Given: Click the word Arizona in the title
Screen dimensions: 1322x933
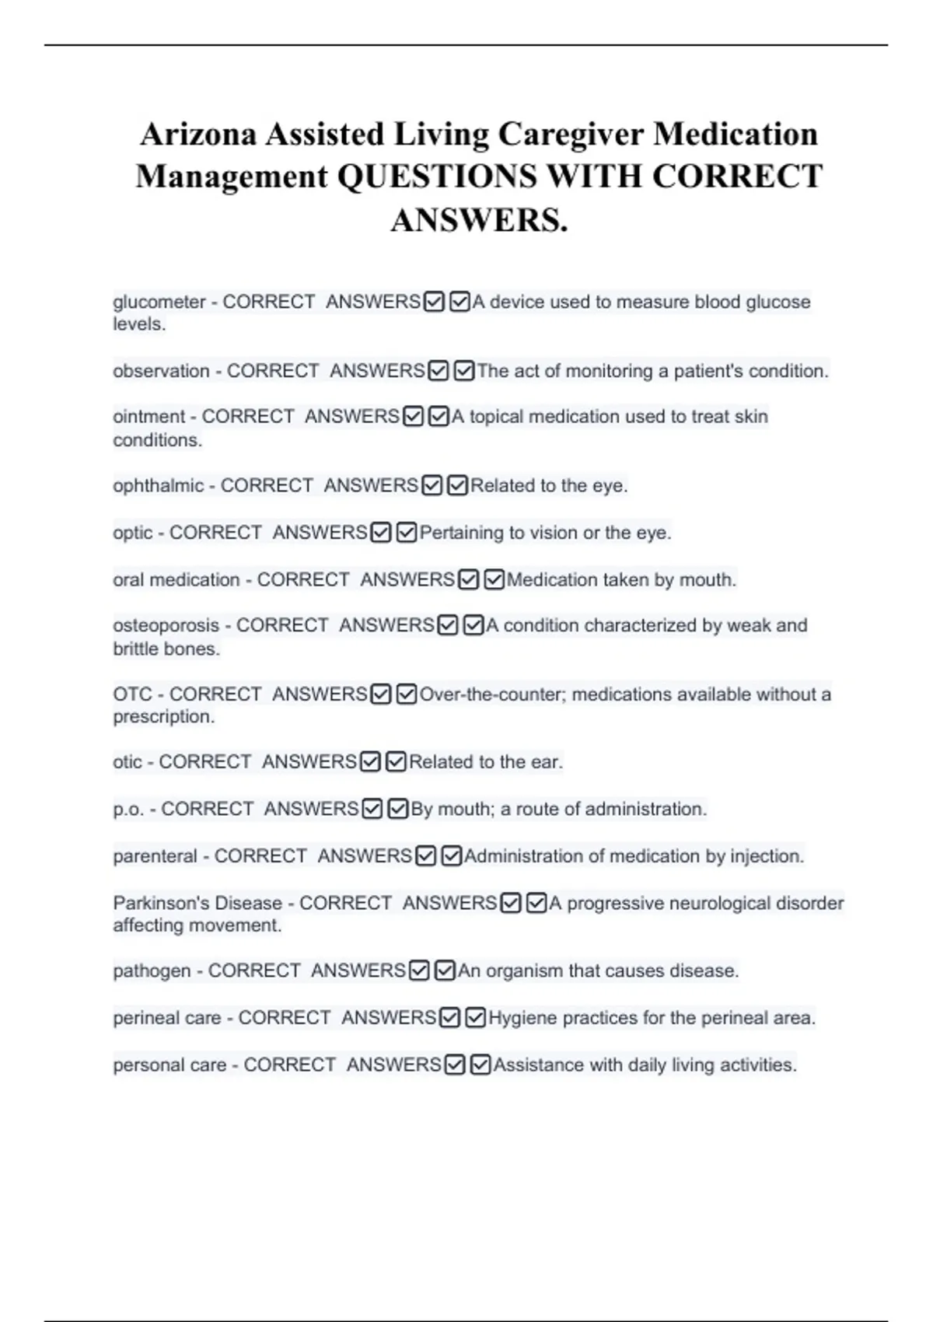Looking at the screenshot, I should point(197,134).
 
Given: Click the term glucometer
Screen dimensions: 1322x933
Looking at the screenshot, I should point(159,302).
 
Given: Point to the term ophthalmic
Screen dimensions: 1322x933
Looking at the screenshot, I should point(159,486).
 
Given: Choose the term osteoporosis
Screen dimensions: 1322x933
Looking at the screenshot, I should point(166,625).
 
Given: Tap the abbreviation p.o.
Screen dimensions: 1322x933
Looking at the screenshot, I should point(129,810).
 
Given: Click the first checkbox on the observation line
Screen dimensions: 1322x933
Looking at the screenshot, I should point(439,372).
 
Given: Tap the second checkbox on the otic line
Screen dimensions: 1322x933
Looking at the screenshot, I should point(396,762).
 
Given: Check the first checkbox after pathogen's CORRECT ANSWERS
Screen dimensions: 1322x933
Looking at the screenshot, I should point(419,971).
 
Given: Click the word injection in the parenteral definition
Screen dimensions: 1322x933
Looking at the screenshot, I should point(767,856).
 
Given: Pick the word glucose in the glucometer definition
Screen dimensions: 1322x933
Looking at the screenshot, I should point(778,302).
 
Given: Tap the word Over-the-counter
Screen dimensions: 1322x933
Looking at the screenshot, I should point(491,694).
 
